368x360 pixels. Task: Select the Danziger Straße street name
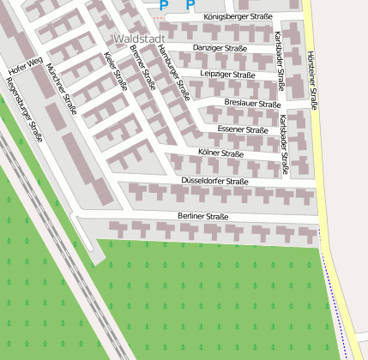pyautogui.click(x=220, y=48)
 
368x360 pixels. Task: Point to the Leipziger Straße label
pyautogui.click(x=227, y=75)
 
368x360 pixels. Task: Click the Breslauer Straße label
pyautogui.click(x=252, y=104)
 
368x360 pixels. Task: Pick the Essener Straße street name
pyautogui.click(x=243, y=129)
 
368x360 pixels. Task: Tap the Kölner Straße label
pyautogui.click(x=220, y=153)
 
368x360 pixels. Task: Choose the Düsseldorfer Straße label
pyautogui.click(x=214, y=182)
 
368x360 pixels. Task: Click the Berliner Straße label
pyautogui.click(x=203, y=217)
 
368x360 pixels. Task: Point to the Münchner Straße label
pyautogui.click(x=63, y=83)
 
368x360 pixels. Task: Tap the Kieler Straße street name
pyautogui.click(x=115, y=71)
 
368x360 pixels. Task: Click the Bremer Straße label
pyautogui.click(x=142, y=67)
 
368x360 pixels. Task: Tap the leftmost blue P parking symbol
pyautogui.click(x=164, y=5)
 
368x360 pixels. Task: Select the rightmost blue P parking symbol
pyautogui.click(x=190, y=5)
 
